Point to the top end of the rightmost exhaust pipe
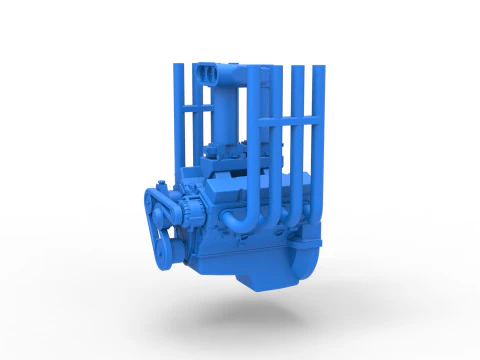318,70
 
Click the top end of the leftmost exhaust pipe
178,68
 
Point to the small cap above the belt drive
160,182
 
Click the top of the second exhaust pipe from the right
297,71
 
